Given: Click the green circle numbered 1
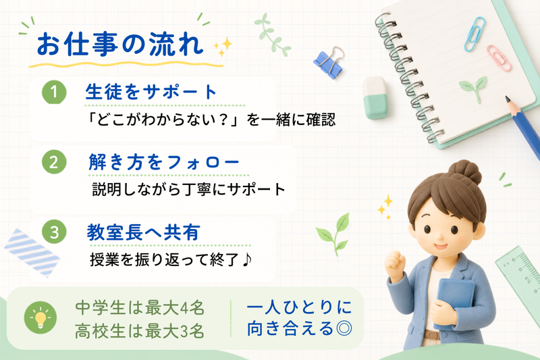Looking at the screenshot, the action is tap(54, 92).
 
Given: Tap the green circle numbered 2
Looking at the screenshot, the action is tap(54, 162).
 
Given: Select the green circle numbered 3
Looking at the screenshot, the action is tap(54, 232).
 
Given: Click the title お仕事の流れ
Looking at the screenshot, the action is tap(120, 45).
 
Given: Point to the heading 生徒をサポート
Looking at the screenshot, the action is tap(151, 92).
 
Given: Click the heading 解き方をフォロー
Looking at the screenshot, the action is tap(163, 162).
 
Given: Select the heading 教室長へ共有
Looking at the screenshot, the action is tap(143, 232).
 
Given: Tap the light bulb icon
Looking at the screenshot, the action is tap(40, 317).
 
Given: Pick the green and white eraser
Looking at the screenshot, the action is tap(375, 97).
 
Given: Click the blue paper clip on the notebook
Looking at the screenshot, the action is tap(475, 34).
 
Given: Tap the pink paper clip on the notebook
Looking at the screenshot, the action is tap(499, 58).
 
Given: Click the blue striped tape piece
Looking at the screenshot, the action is tap(32, 253).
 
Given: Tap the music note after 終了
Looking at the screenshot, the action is tap(247, 261).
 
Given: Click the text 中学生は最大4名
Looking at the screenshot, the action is tap(140, 307).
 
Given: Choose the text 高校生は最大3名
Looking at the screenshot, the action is tap(140, 331).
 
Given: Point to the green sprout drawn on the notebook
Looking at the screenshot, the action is tap(474, 88).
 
